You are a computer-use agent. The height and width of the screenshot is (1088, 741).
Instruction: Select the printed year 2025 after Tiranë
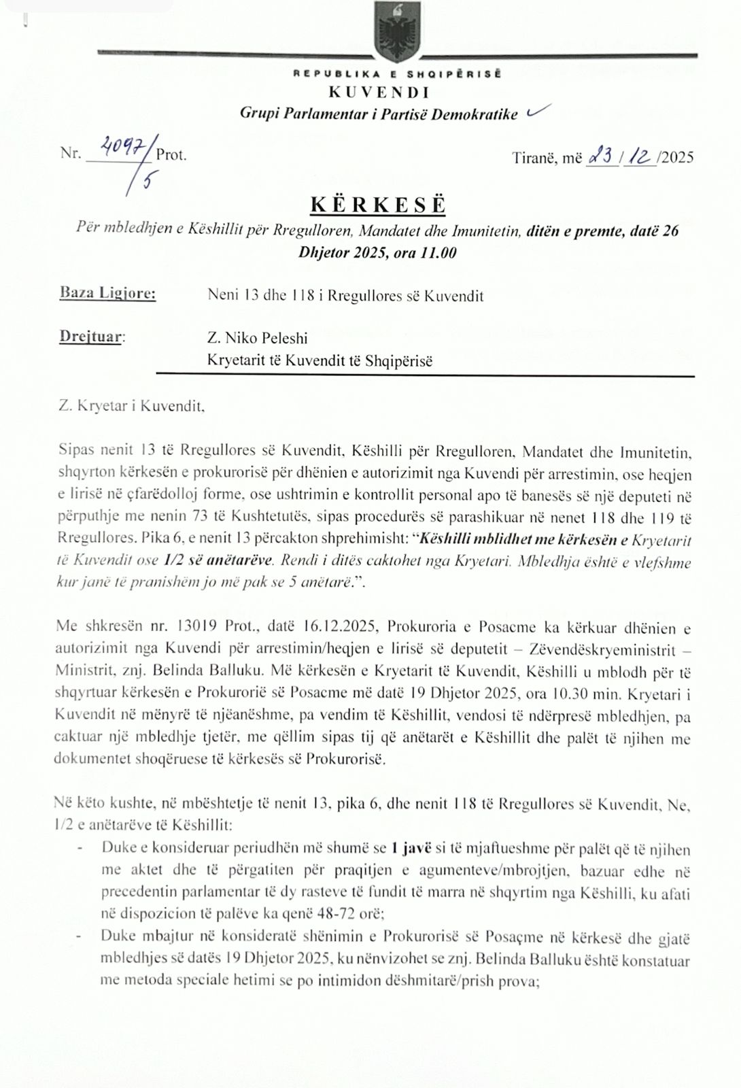tap(677, 158)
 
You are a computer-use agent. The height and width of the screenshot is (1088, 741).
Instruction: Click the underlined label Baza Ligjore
tap(107, 294)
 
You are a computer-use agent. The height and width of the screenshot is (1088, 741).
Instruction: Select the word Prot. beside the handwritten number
tap(171, 155)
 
